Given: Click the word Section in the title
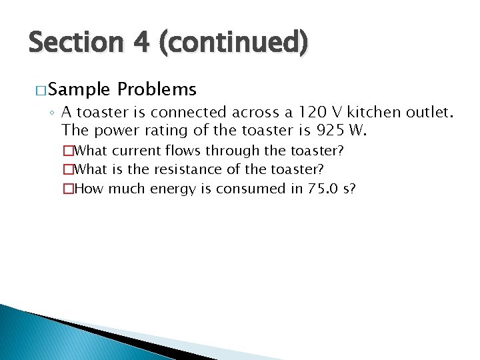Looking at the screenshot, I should pos(75,43).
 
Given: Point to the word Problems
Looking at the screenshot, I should pos(157,89).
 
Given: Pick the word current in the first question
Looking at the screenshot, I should pos(137,151).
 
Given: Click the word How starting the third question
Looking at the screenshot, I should pos(89,189).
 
